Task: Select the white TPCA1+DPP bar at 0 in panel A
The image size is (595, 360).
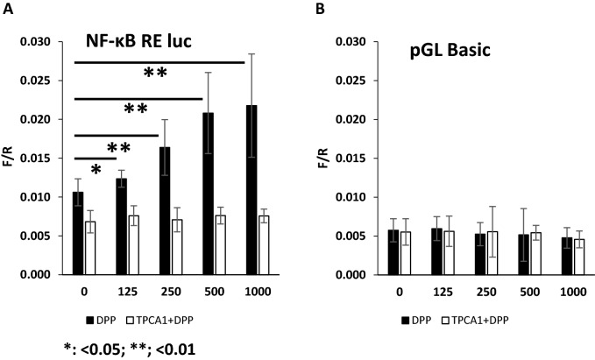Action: [90, 248]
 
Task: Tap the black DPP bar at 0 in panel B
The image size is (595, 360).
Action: [393, 252]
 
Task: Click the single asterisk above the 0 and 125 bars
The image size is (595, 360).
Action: [96, 169]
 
